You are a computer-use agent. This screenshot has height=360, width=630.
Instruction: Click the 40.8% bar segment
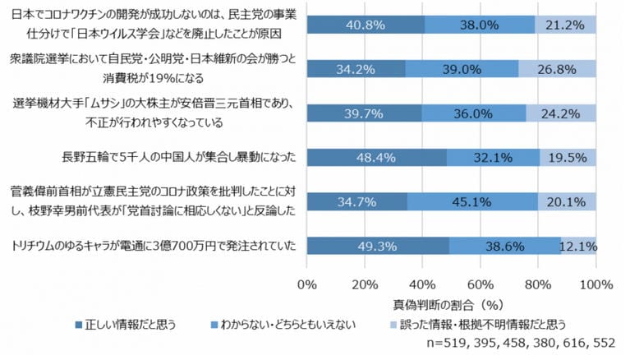365,25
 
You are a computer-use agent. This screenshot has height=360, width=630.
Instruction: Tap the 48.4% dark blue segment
376,157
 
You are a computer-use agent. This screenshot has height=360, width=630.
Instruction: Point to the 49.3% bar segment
377,245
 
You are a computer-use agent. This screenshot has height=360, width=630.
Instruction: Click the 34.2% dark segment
355,69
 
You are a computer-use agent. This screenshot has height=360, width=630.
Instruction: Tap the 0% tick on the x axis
306,284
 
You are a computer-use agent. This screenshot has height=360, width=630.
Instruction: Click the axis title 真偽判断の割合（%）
456,304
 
